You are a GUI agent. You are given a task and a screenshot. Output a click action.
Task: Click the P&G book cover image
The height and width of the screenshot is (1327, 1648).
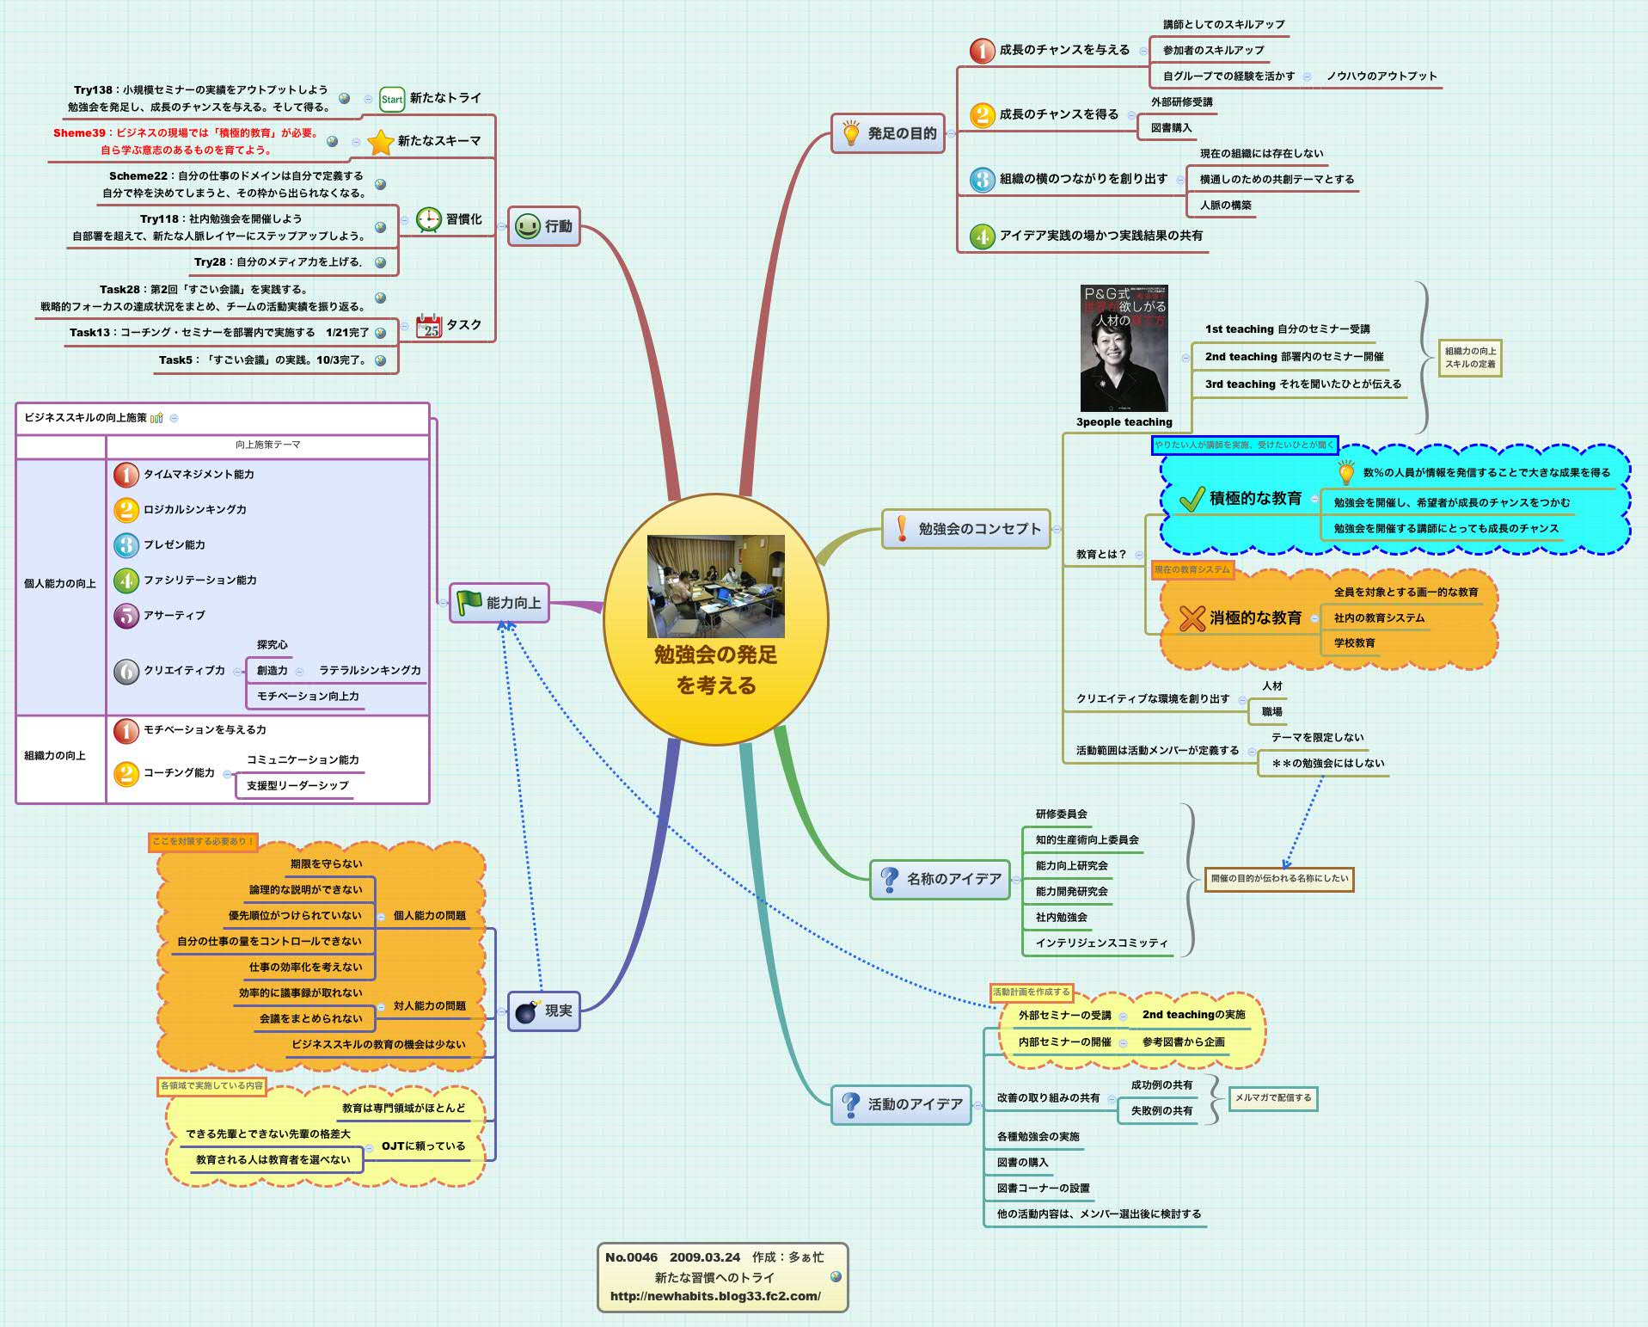[1124, 348]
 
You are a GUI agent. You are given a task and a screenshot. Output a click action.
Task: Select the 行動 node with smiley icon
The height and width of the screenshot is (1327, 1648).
[543, 226]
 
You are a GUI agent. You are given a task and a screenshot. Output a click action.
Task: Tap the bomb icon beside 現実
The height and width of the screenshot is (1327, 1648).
[527, 1011]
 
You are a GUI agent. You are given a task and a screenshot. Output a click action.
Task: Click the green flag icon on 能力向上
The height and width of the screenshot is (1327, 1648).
[469, 603]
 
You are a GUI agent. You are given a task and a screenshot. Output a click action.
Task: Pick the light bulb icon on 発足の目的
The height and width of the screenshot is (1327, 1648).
[850, 133]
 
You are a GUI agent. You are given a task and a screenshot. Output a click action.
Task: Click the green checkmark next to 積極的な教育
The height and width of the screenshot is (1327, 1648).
[1191, 499]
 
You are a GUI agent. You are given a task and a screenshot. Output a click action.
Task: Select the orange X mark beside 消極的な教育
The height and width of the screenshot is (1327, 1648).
[1192, 617]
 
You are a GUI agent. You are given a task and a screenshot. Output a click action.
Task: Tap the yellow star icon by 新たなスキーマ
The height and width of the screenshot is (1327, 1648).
[380, 142]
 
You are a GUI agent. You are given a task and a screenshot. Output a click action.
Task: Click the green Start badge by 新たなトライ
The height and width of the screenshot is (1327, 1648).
[392, 99]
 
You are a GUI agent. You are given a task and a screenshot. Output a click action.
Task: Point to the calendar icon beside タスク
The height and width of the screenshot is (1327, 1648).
[428, 326]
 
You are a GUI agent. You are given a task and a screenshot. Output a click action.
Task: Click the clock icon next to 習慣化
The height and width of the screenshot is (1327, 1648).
[428, 219]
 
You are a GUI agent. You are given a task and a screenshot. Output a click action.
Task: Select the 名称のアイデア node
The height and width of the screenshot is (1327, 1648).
[940, 879]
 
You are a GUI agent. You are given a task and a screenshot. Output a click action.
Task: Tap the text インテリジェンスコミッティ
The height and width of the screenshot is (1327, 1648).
[1101, 943]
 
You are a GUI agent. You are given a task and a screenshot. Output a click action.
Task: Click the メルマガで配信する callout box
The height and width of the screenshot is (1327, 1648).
[1272, 1098]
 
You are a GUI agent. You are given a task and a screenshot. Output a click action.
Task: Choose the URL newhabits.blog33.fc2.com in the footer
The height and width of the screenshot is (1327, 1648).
[715, 1296]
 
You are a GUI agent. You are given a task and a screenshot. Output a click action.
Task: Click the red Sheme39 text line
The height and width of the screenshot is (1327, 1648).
[186, 132]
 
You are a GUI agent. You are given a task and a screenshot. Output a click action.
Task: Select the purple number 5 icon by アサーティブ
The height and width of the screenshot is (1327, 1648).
[126, 616]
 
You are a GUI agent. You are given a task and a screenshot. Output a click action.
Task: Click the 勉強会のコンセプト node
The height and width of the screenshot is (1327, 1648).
[966, 529]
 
